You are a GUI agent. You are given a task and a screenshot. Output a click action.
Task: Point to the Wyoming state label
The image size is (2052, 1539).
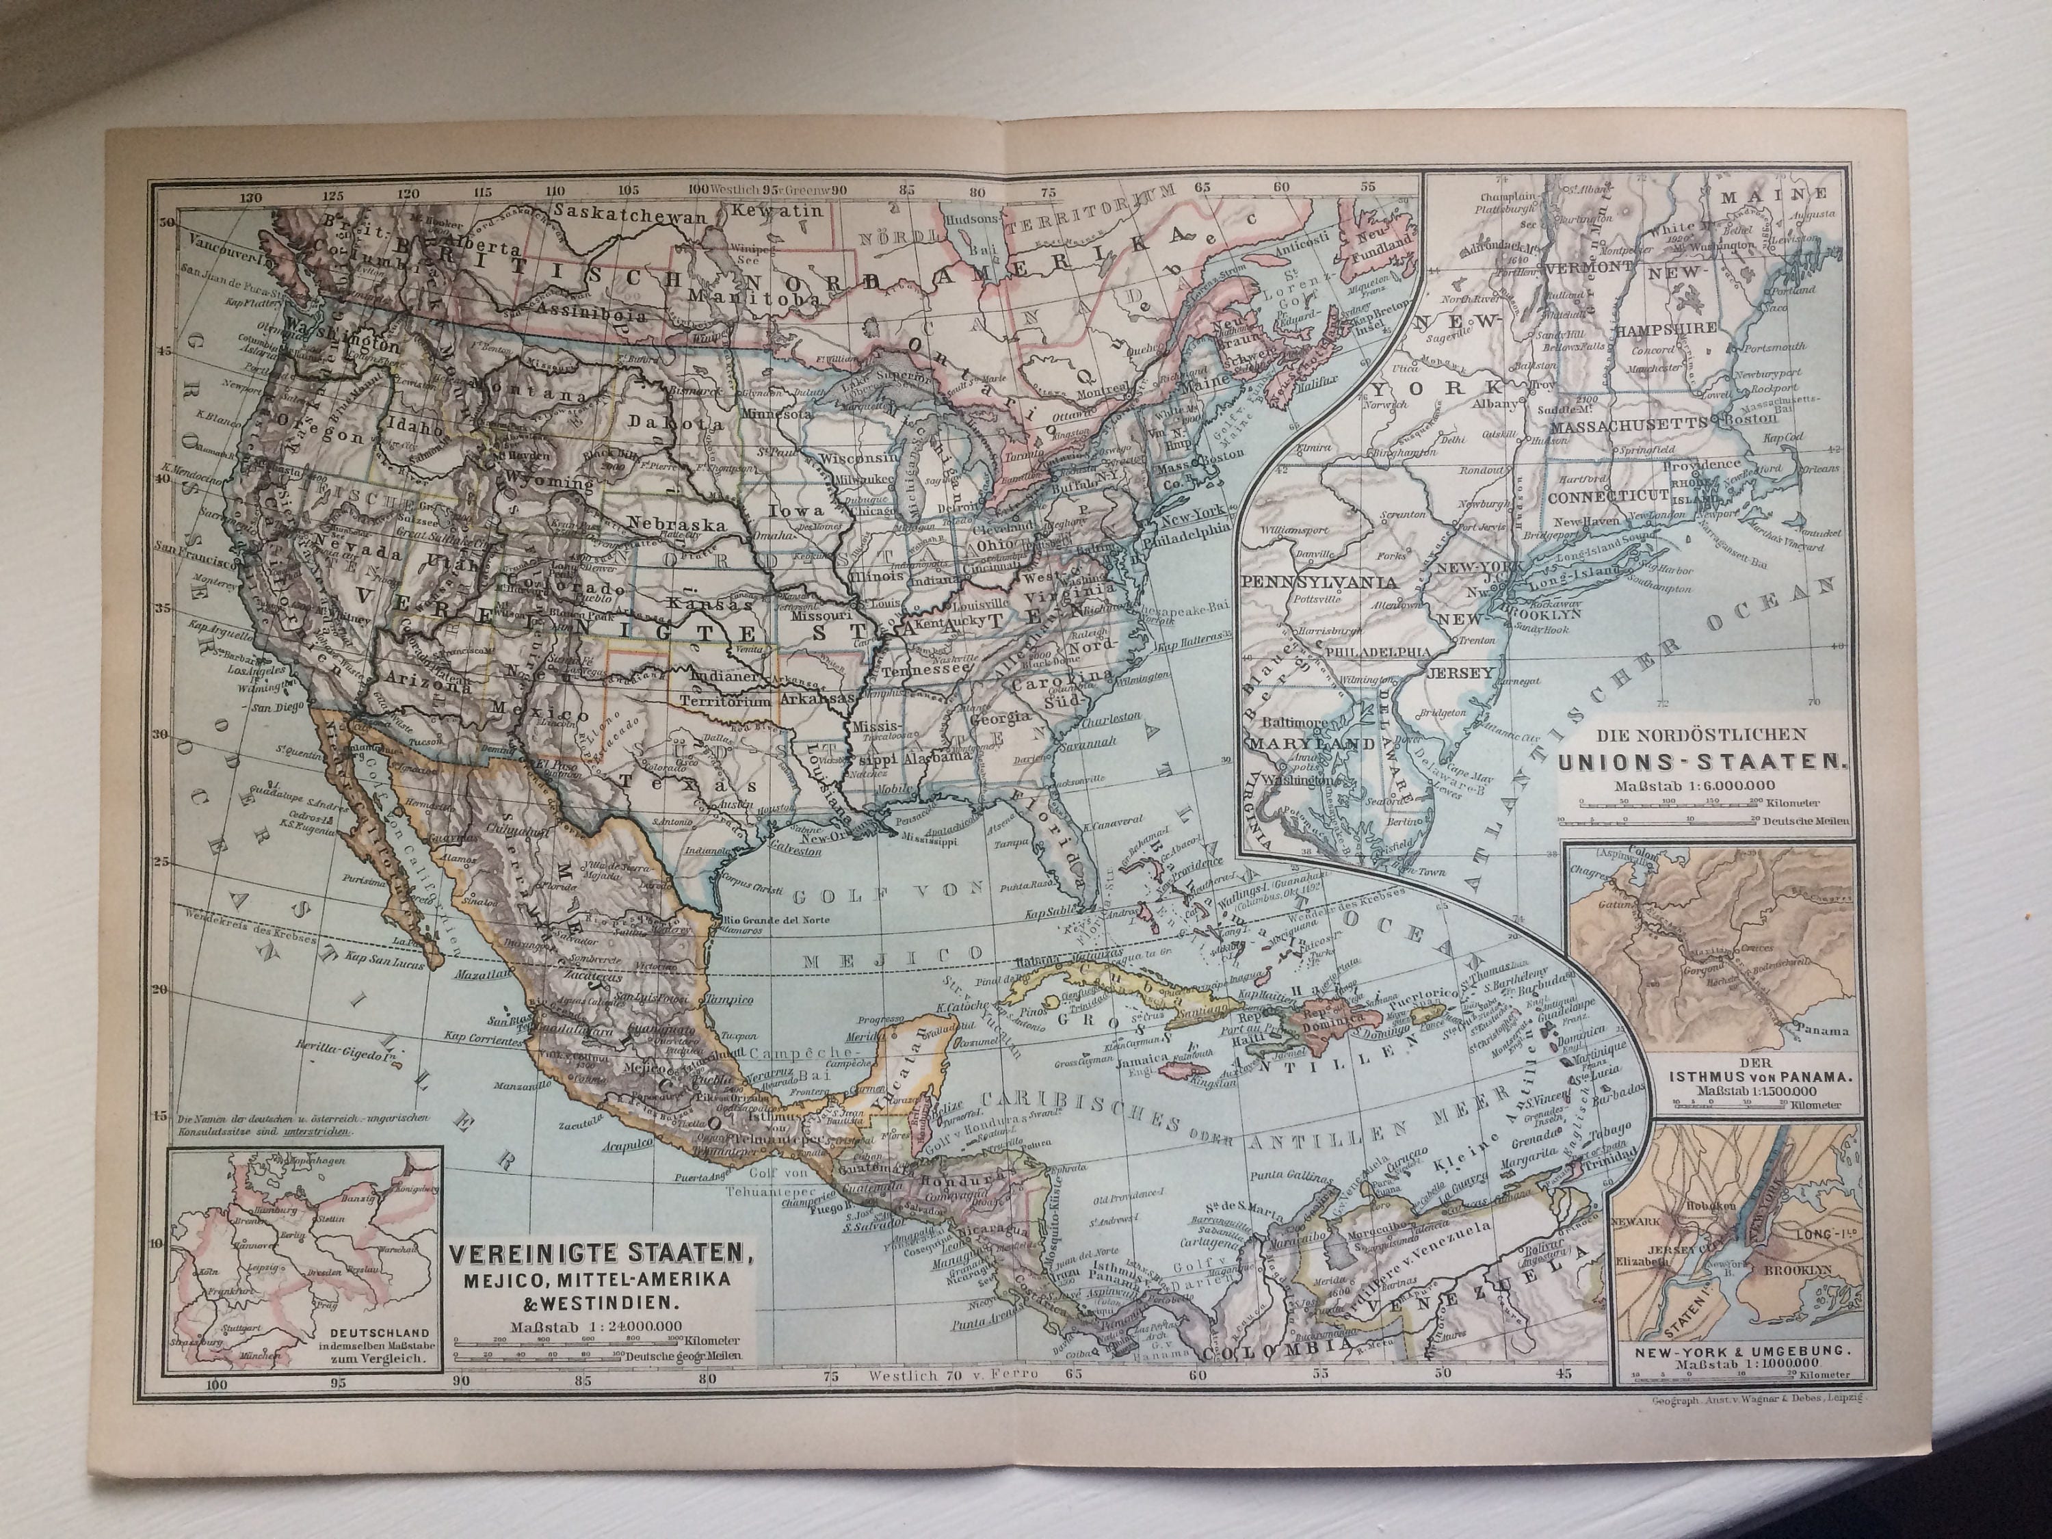(549, 484)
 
